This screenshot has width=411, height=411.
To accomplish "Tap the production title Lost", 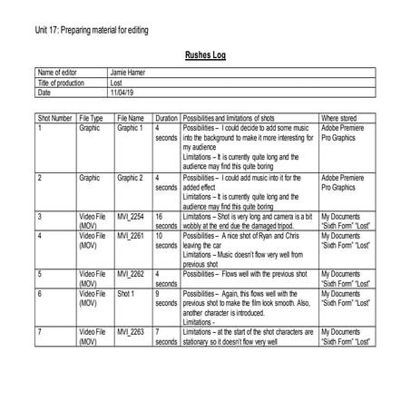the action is tap(116, 83).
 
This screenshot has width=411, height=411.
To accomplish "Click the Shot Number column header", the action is tap(55, 118).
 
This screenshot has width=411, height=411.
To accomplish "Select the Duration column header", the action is tap(166, 118).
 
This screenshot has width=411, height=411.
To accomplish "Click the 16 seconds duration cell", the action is tap(166, 222).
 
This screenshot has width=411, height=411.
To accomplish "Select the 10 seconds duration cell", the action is tap(166, 241).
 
